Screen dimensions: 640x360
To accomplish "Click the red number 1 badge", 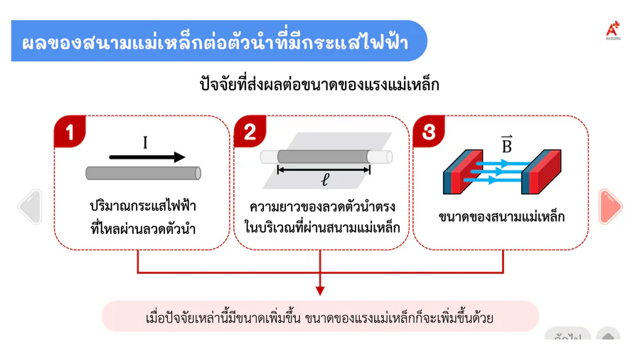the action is click(x=70, y=132).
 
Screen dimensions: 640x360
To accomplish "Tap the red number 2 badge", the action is click(x=250, y=132).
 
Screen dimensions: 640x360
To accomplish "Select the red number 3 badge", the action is click(x=429, y=132).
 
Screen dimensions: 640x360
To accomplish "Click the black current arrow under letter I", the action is click(x=147, y=157).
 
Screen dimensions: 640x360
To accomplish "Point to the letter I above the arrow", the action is click(x=145, y=143).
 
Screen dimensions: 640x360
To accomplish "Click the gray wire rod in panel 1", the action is click(x=143, y=173).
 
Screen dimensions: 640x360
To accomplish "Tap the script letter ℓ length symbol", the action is click(x=325, y=179).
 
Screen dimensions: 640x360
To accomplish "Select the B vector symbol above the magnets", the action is click(x=506, y=144).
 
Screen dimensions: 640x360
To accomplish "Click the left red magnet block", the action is click(x=463, y=171).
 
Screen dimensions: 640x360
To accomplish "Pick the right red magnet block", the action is click(x=541, y=171).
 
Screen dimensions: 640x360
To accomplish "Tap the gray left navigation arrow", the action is click(x=31, y=206).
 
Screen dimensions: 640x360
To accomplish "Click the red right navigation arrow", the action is click(x=610, y=206).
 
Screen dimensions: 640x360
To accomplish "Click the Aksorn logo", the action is click(x=613, y=31).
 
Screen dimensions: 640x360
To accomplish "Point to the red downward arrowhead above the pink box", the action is click(x=320, y=290).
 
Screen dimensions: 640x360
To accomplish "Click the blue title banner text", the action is click(x=215, y=42).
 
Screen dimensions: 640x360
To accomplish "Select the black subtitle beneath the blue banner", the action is click(x=319, y=85).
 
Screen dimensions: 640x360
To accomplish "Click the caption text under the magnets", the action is click(x=501, y=216).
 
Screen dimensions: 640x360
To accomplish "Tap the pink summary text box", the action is click(x=321, y=317).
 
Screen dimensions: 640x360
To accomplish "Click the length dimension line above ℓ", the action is click(x=324, y=170).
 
